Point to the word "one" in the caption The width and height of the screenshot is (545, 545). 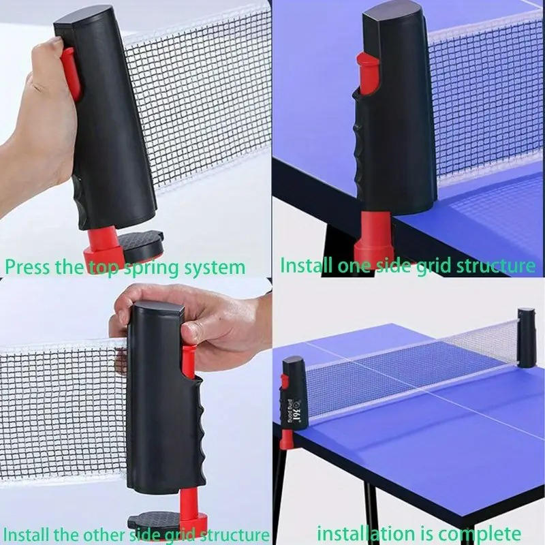[x=354, y=264]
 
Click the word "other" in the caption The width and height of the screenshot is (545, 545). [x=99, y=533]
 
